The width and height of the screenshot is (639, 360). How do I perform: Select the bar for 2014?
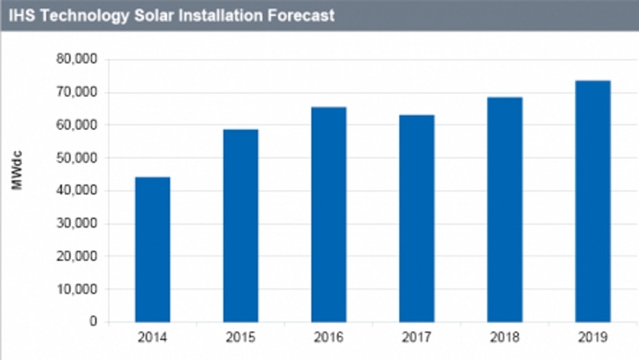pyautogui.click(x=152, y=249)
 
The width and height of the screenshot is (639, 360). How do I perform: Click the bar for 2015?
pyautogui.click(x=241, y=226)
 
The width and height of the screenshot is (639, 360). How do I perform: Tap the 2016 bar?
pyautogui.click(x=328, y=214)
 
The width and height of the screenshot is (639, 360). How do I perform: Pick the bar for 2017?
pyautogui.click(x=416, y=219)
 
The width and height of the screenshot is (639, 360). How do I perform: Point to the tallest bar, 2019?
pyautogui.click(x=592, y=201)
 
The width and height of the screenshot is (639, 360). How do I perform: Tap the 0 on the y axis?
pyautogui.click(x=92, y=322)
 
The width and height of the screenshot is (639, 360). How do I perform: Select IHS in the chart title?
pyautogui.click(x=18, y=16)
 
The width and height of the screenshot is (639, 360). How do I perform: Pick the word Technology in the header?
pyautogui.click(x=78, y=16)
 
